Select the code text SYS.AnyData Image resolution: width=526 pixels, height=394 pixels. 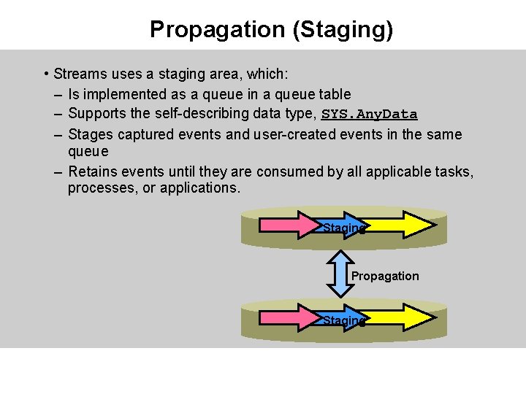pyautogui.click(x=370, y=115)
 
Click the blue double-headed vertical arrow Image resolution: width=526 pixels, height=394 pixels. pyautogui.click(x=338, y=274)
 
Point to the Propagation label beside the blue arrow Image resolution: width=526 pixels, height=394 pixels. pyautogui.click(x=385, y=276)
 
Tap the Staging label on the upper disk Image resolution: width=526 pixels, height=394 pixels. pyautogui.click(x=343, y=228)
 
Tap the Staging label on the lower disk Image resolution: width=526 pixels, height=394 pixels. pyautogui.click(x=343, y=320)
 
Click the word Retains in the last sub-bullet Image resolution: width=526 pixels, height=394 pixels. pyautogui.click(x=92, y=171)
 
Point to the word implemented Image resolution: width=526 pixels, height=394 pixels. pyautogui.click(x=115, y=94)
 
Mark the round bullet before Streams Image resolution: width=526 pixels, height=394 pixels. pyautogui.click(x=46, y=74)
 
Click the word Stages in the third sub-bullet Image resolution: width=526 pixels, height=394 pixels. pyautogui.click(x=90, y=134)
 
